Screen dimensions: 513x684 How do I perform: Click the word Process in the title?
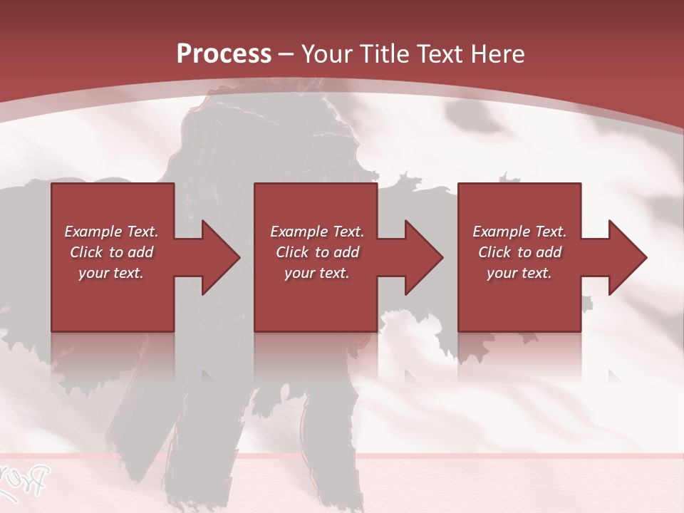point(224,53)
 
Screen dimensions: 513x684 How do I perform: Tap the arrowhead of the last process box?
point(626,257)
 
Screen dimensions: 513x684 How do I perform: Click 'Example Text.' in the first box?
point(111,232)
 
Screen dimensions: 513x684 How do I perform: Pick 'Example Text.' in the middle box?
point(317,232)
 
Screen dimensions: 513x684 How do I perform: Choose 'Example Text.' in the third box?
point(519,232)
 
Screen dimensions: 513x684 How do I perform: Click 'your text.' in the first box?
point(111,273)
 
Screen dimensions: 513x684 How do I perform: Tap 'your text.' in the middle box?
point(317,273)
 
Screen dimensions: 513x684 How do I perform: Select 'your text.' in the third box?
point(519,273)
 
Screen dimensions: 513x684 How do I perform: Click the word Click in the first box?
point(86,252)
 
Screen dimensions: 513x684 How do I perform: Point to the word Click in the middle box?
point(292,252)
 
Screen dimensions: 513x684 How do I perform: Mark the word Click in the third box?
point(494,252)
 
